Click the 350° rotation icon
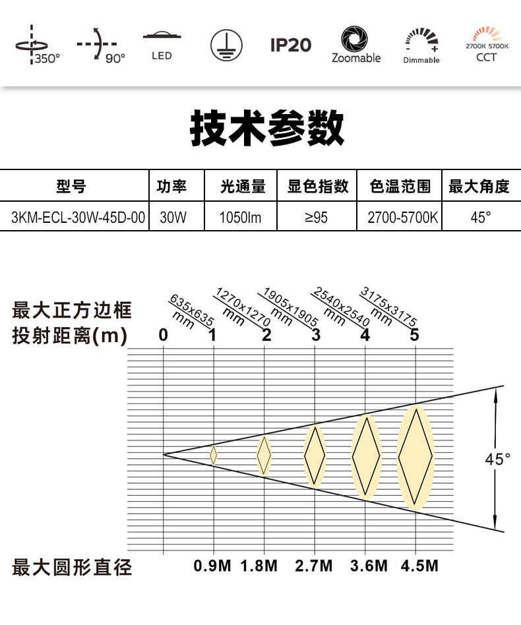point(37,45)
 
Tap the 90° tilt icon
point(100,45)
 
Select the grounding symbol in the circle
point(226,45)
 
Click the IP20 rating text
point(291,45)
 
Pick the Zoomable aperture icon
point(355,44)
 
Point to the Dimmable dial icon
point(421,45)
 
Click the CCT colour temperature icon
point(487,44)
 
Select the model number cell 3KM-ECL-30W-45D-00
point(78,218)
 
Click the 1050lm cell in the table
point(240,218)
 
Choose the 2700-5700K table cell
point(402,218)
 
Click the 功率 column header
point(171,186)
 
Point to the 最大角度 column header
point(479,186)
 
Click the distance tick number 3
point(316,335)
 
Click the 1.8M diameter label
point(259,566)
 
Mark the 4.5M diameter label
point(419,566)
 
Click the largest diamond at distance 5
point(415,457)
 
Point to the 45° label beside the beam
point(497,459)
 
